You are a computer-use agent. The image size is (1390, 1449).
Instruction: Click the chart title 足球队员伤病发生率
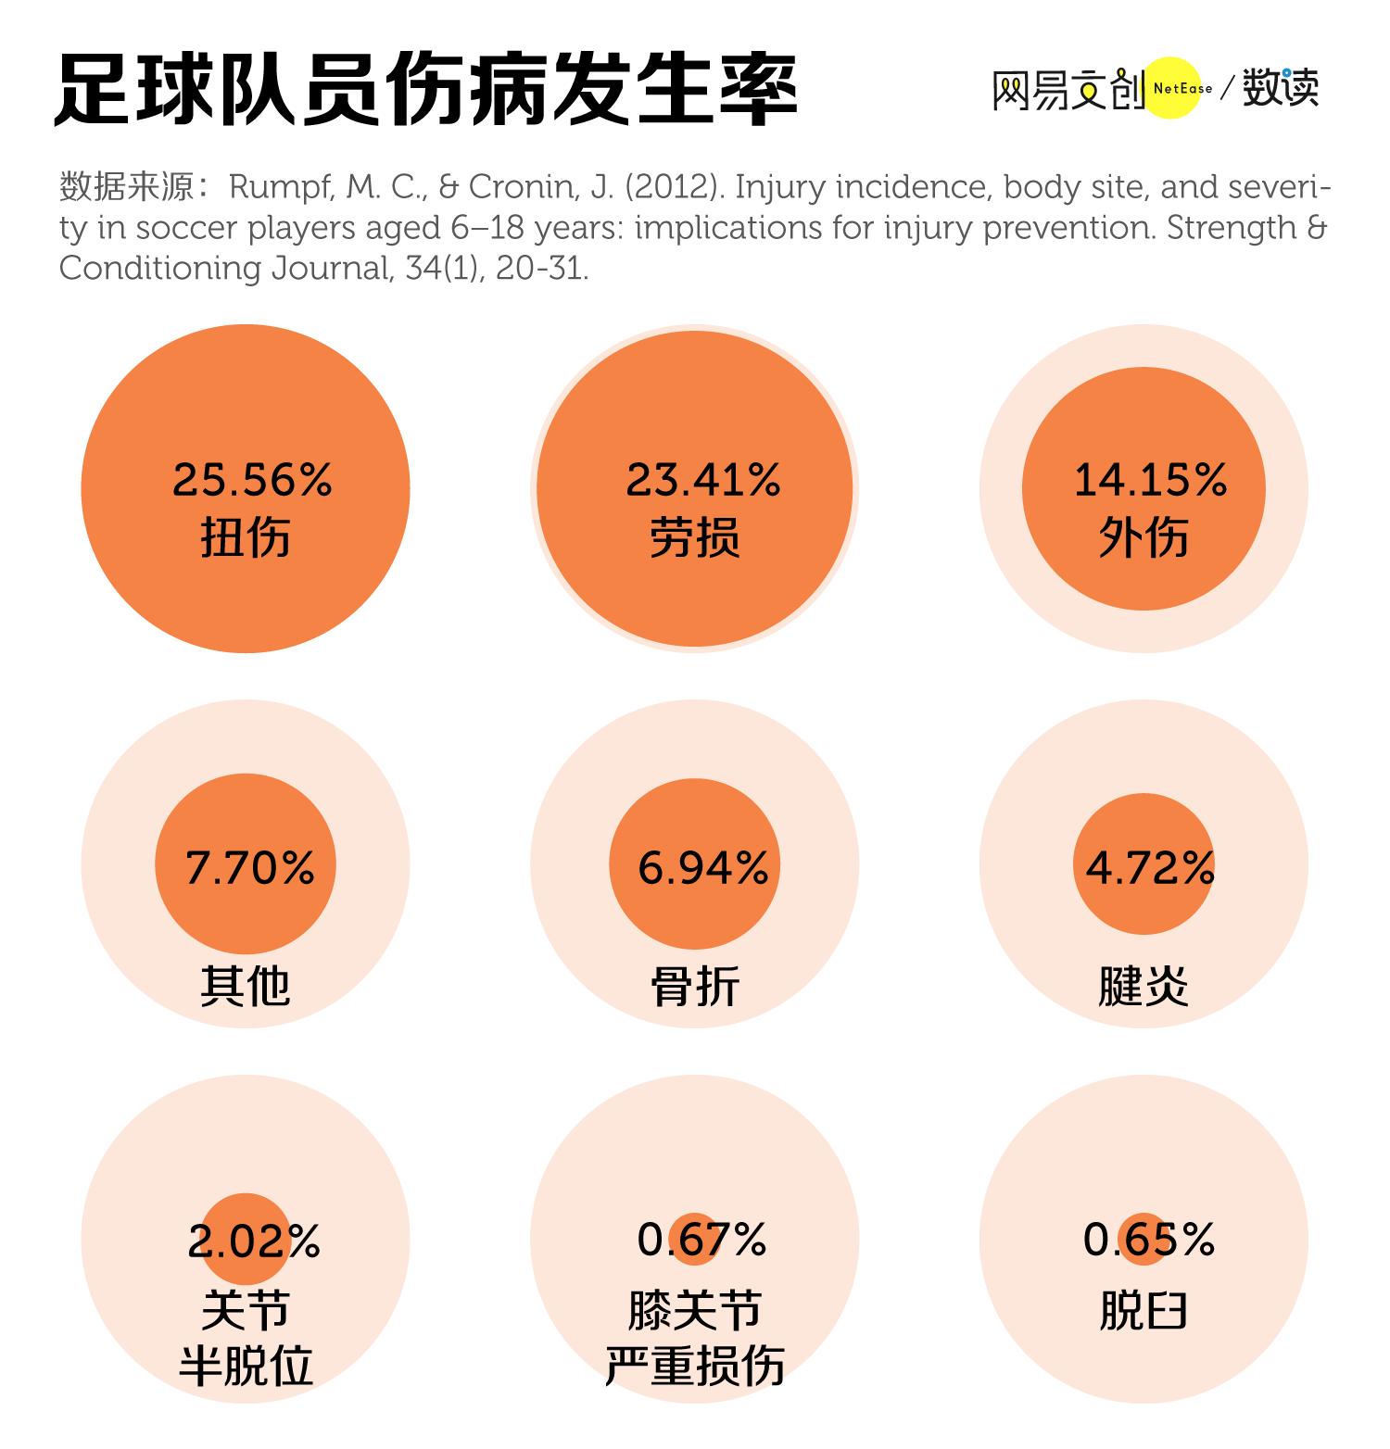(425, 91)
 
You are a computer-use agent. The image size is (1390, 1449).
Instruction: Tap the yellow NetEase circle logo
(1173, 89)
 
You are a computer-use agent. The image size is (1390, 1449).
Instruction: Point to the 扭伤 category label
(246, 536)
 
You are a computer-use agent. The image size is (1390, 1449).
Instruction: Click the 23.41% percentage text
(702, 480)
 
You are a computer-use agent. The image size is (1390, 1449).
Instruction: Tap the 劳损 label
(694, 536)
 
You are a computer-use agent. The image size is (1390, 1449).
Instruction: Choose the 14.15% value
(1150, 480)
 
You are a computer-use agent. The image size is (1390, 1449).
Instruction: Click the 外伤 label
(1144, 536)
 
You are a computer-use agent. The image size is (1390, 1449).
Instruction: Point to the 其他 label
(246, 985)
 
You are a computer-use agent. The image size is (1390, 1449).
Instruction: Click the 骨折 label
(694, 985)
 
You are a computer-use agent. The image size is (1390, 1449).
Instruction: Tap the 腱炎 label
(1144, 985)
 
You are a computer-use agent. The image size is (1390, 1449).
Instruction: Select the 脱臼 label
(1144, 1311)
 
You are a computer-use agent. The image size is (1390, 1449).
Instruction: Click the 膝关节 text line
(694, 1311)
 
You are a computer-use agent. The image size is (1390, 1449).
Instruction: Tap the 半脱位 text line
(246, 1366)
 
